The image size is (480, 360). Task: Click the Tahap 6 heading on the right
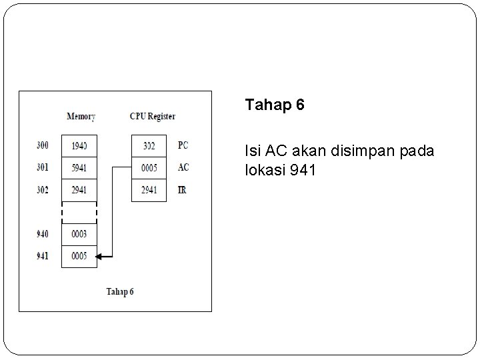[275, 105]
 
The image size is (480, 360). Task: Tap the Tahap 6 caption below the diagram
[120, 291]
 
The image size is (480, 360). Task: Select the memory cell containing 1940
[79, 145]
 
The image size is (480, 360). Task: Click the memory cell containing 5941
[79, 167]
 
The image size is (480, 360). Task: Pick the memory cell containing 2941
[79, 190]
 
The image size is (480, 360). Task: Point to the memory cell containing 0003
[79, 234]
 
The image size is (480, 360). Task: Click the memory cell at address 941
[79, 256]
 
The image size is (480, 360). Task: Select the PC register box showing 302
[149, 145]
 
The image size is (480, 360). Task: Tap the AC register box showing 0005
[149, 167]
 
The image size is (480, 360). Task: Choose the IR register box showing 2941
[149, 190]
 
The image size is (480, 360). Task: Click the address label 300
[43, 145]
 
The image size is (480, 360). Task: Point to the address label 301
[43, 167]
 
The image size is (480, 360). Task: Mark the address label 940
[43, 234]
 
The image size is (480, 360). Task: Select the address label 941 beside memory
[43, 256]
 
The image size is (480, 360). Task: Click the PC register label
[183, 145]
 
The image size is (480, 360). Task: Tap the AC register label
[183, 167]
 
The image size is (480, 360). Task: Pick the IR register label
[182, 190]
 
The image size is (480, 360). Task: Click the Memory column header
[81, 117]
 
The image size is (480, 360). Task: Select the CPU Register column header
[152, 117]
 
